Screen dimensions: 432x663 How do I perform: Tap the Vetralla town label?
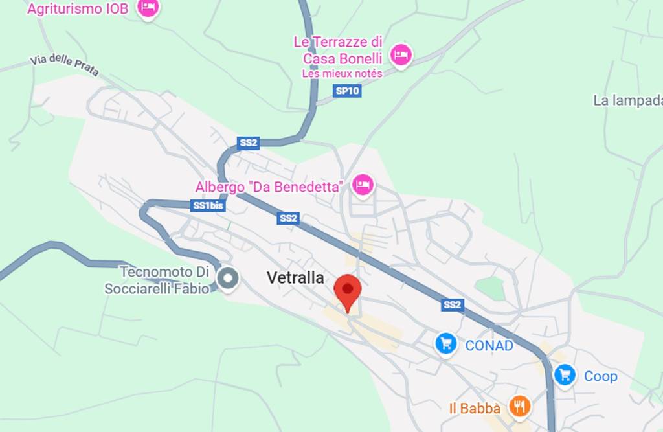295,278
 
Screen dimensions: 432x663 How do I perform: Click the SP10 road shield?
348,91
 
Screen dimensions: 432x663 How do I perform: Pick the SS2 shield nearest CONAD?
453,304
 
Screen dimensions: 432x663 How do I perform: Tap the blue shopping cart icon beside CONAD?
445,343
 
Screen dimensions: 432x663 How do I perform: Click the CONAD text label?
489,345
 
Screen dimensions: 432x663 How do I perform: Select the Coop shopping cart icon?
565,374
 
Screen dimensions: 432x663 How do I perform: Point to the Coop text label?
601,376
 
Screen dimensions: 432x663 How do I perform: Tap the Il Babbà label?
475,409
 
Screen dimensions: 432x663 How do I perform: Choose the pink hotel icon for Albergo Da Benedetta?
363,185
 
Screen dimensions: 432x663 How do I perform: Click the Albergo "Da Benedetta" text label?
269,187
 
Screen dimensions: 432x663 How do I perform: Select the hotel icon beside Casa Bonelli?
401,54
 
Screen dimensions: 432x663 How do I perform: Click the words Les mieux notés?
342,74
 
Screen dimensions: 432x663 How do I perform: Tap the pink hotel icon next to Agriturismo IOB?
149,8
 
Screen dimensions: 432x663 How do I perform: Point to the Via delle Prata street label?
64,65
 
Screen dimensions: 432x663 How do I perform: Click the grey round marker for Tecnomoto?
228,279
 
